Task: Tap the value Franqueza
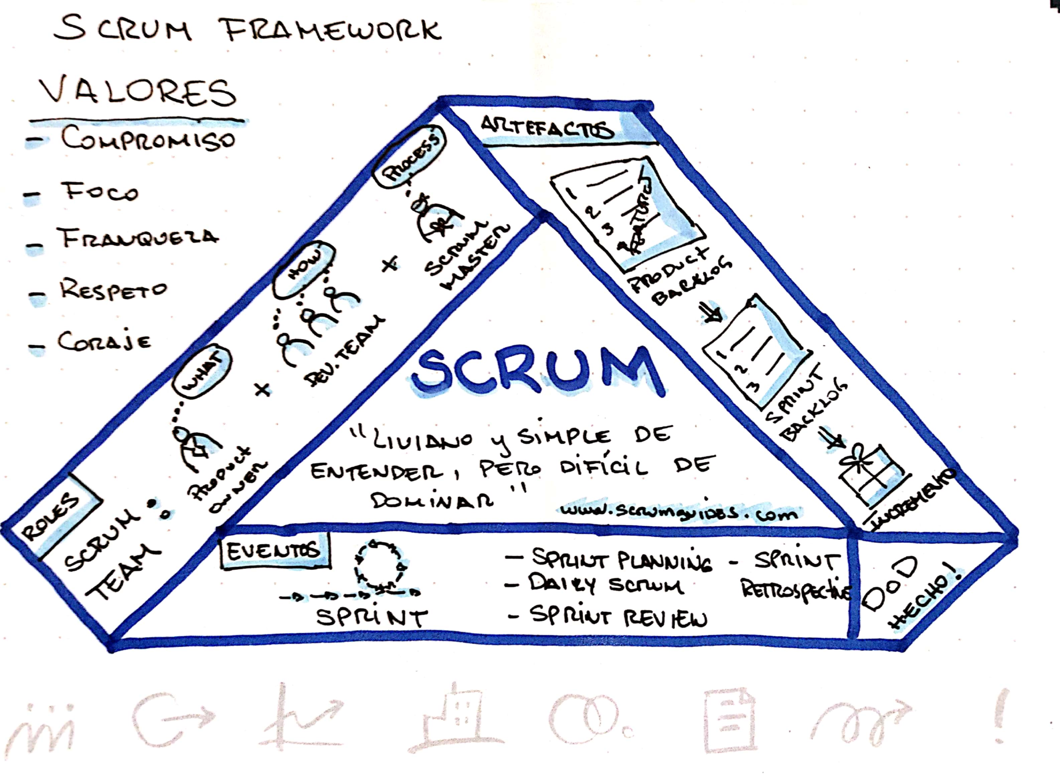tap(137, 237)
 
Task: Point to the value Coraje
tap(104, 341)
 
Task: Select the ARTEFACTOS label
tap(546, 127)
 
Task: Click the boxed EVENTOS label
tap(273, 551)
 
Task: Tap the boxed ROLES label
tap(52, 516)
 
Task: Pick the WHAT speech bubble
tap(202, 371)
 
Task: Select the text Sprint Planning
tap(622, 559)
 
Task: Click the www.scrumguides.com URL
tap(679, 511)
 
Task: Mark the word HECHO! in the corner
tap(925, 601)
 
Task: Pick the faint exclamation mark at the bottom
tap(1001, 716)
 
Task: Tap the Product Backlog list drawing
tap(627, 214)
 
